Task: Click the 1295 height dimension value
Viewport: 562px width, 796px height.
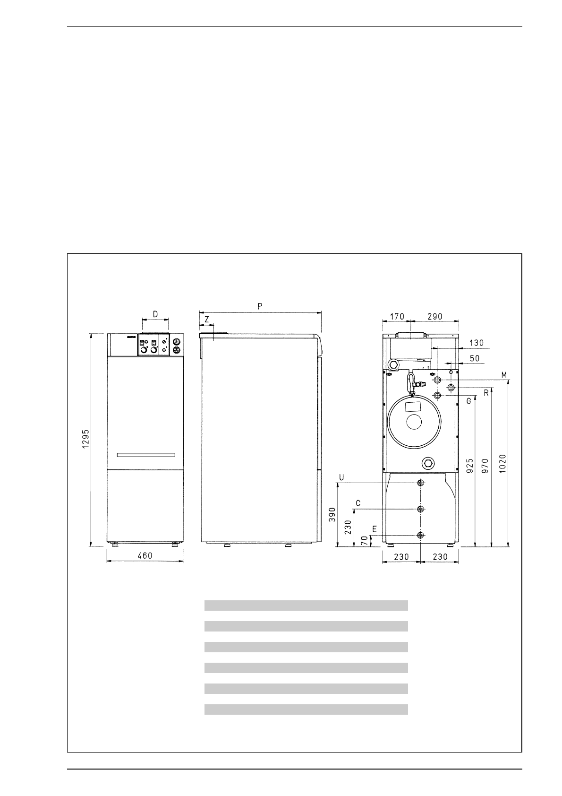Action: coord(86,439)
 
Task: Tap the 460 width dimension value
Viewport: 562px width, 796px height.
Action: coord(145,555)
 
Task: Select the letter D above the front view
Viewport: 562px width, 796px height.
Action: coord(155,314)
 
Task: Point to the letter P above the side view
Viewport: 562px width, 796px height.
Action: coord(260,306)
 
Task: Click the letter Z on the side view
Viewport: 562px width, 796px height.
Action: coord(207,320)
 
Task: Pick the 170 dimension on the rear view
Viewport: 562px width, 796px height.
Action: coord(397,316)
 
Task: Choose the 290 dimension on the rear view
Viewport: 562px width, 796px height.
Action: coord(435,316)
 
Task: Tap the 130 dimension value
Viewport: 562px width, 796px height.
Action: coord(477,343)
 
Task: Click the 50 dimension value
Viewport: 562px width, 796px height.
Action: coord(475,358)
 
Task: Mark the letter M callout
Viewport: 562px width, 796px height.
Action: coord(504,375)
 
